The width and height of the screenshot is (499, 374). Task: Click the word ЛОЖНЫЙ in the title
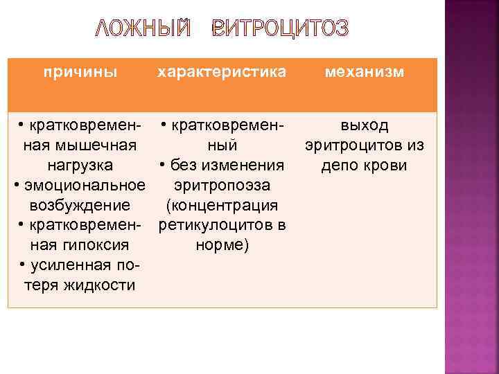[141, 28]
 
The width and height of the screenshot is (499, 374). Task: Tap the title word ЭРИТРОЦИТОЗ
[281, 28]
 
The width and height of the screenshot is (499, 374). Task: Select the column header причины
[80, 72]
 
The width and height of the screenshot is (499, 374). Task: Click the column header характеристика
[222, 72]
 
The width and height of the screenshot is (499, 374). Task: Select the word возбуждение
[80, 206]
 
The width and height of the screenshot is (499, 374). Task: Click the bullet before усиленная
[24, 266]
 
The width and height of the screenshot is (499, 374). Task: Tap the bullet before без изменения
[161, 166]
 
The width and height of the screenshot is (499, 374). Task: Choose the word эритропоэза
[222, 186]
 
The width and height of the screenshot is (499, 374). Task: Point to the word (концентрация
[222, 206]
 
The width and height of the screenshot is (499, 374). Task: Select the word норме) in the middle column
[222, 246]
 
